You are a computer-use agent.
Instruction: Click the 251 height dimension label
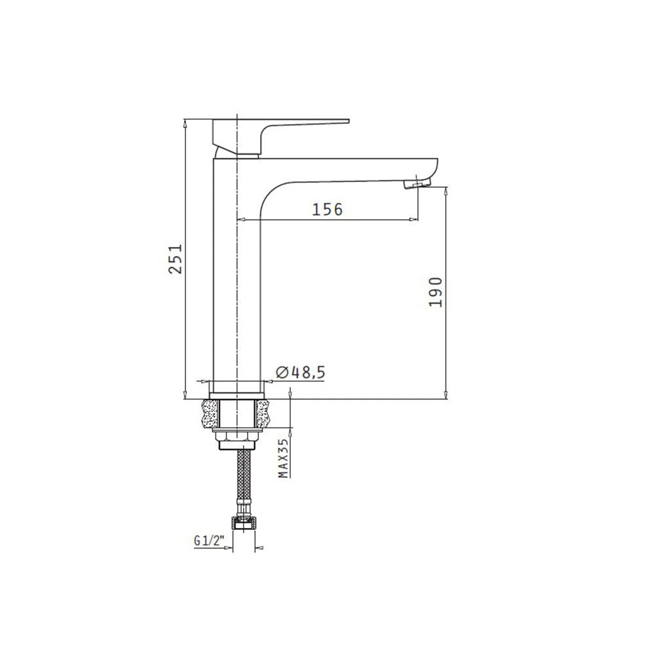(176, 259)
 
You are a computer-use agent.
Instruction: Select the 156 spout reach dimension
(327, 209)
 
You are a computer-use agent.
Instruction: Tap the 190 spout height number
(436, 291)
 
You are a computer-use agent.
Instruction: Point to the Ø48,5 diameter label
(301, 372)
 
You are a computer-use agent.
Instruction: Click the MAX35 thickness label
(284, 458)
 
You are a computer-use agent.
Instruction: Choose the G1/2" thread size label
(210, 541)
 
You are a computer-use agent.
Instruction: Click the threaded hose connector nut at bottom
(244, 524)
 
